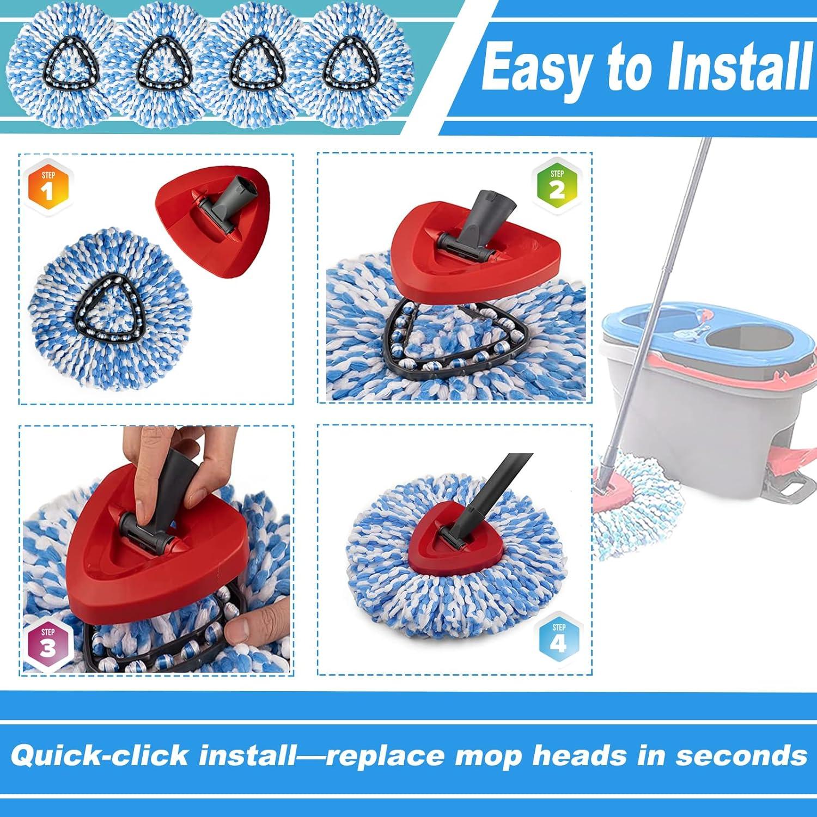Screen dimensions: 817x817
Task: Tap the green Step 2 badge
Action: click(x=557, y=184)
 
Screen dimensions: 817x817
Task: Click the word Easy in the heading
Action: click(x=536, y=70)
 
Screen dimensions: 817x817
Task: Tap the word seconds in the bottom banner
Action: click(x=741, y=756)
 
